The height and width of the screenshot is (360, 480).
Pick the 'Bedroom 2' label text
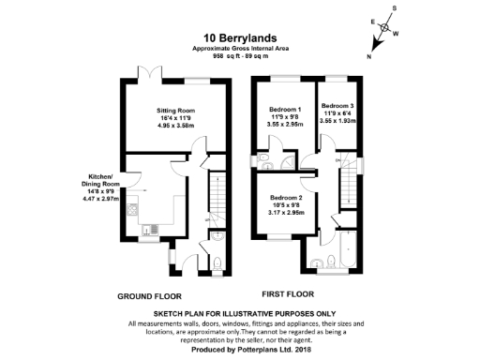pos(286,198)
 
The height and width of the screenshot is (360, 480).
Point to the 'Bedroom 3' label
pos(338,106)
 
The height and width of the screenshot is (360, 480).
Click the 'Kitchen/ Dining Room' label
pos(100,181)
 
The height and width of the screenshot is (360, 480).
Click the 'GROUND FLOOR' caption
pos(149,296)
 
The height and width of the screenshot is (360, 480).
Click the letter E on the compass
pos(373,20)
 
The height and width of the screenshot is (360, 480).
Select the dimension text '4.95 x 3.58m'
pos(175,125)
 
